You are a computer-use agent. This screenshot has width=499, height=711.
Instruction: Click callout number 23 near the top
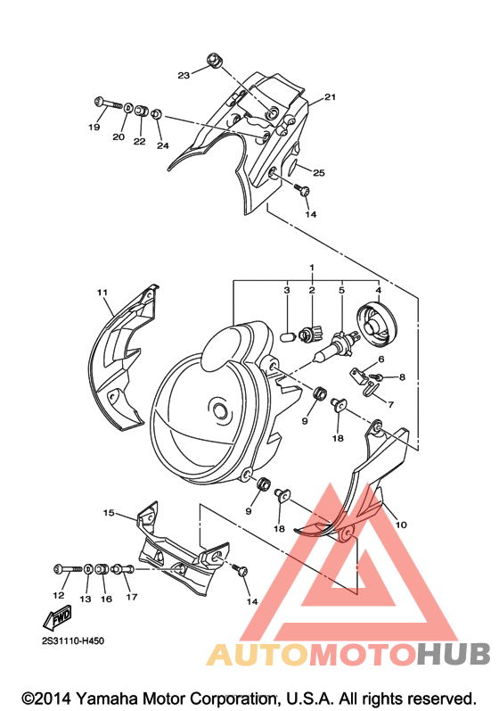(184, 75)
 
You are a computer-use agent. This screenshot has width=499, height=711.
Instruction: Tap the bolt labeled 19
(109, 103)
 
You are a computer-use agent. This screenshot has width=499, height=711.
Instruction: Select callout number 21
(330, 96)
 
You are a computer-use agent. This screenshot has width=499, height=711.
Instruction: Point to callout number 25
(319, 173)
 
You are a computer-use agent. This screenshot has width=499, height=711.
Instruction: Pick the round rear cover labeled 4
(377, 323)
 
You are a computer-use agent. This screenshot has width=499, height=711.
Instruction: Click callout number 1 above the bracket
(312, 268)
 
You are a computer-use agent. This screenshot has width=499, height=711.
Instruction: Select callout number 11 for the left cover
(102, 293)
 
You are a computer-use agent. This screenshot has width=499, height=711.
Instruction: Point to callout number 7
(390, 404)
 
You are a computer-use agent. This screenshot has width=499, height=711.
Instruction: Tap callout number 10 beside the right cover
(401, 525)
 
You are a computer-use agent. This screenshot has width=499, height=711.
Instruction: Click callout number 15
(109, 512)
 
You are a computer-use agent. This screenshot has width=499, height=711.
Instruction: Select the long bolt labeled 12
(68, 567)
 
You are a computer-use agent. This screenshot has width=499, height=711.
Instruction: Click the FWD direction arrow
(57, 617)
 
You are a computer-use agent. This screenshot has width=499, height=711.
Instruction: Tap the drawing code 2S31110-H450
(73, 641)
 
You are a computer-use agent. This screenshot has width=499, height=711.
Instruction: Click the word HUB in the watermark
(454, 654)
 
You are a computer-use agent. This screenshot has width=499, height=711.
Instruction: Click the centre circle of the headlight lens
(220, 409)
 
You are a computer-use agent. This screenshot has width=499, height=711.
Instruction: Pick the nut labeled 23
(213, 61)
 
